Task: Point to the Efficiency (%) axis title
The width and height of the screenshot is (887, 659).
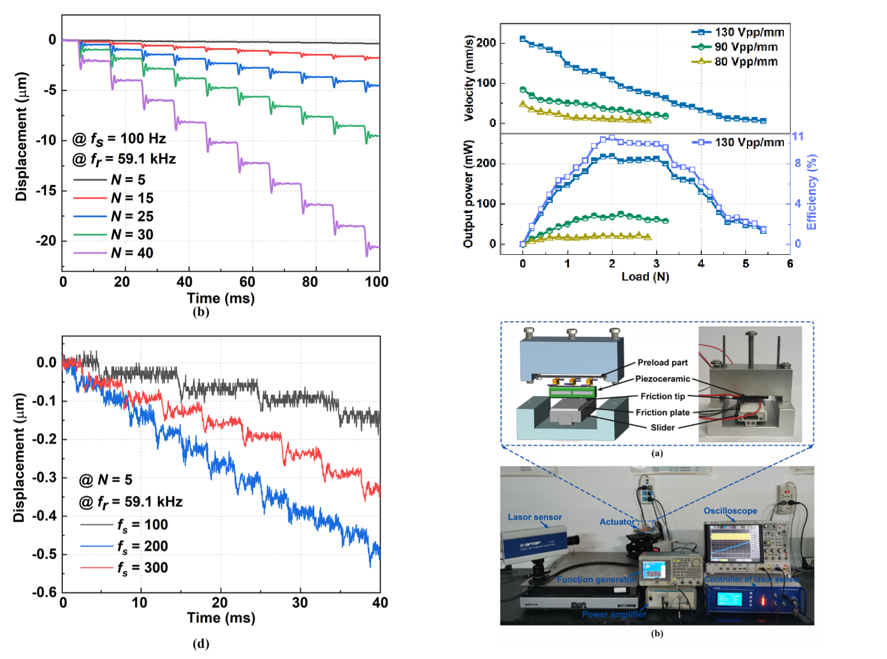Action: coord(811,192)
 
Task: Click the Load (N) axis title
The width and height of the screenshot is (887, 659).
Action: coord(645,277)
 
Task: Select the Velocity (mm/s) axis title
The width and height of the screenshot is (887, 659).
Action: coord(469,78)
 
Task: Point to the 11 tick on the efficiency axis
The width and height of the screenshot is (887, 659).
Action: coord(798,136)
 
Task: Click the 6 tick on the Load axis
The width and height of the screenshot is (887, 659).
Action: coord(790,264)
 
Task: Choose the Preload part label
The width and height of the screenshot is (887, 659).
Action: coord(663,362)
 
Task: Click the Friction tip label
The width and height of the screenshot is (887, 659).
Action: coord(663,396)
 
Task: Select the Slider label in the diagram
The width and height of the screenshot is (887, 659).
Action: coord(663,427)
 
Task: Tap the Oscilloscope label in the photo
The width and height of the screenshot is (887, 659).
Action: coord(730,511)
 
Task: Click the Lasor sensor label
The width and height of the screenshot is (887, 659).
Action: coord(535,517)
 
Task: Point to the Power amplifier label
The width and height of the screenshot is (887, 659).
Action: coord(614,614)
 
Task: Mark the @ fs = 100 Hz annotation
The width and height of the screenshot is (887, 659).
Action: coord(119,139)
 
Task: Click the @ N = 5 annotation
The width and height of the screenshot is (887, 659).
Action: coord(106,480)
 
